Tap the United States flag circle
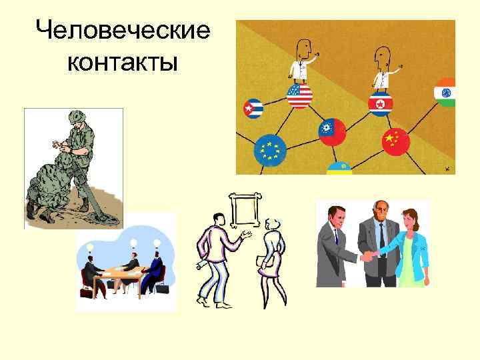click(x=299, y=96)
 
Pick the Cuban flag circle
click(x=252, y=108)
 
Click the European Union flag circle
click(x=269, y=150)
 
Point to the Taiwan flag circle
click(x=331, y=131)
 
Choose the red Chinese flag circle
click(x=395, y=141)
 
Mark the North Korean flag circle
click(x=381, y=103)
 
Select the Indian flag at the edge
click(x=445, y=93)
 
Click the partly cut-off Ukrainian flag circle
click(x=340, y=167)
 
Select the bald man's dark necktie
click(x=380, y=237)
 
